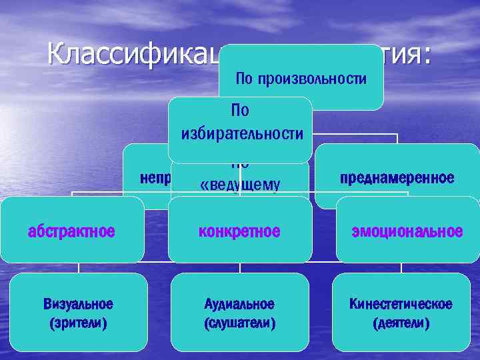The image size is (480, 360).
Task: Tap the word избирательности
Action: pyautogui.click(x=241, y=134)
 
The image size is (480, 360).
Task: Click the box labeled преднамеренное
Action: pyautogui.click(x=397, y=178)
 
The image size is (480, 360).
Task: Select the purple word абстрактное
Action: pyautogui.click(x=71, y=232)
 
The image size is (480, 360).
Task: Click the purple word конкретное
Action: pyautogui.click(x=240, y=232)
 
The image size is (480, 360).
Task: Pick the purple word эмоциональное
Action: pyautogui.click(x=407, y=232)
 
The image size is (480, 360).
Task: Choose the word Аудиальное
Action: pyautogui.click(x=240, y=305)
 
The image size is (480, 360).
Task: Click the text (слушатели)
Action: pyautogui.click(x=240, y=323)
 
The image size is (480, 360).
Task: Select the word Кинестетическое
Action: pyautogui.click(x=401, y=305)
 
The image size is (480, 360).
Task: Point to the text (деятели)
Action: pyautogui.click(x=401, y=323)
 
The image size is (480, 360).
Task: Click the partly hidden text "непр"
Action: pyautogui.click(x=155, y=178)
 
